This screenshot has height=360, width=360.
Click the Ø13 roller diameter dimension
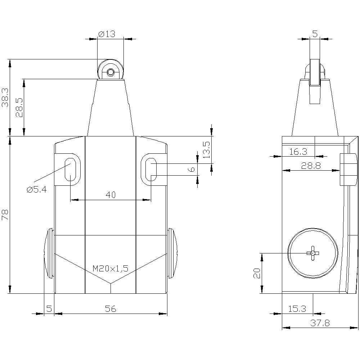coord(107,34)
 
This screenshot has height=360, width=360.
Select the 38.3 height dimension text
coord(5,98)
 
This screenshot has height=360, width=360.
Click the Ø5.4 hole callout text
coord(36,189)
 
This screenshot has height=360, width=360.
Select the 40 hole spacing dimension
coord(111,195)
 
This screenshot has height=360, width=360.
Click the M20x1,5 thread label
coord(111,268)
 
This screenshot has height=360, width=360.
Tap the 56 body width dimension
coord(111,309)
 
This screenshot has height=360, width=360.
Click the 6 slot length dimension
coord(192,169)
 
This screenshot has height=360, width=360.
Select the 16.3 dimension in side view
coord(298,152)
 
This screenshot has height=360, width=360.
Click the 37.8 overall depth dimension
coord(320,323)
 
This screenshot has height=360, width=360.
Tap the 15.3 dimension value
coord(297,309)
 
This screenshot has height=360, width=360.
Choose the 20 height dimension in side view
coord(256,273)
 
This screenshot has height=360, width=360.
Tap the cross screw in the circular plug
coord(312,253)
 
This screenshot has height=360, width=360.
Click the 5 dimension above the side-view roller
coord(315,34)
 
